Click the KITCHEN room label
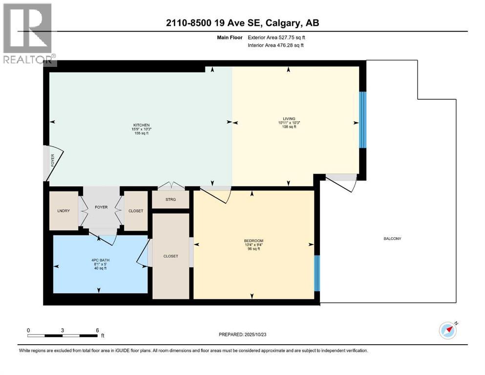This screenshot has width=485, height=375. pyautogui.click(x=141, y=125)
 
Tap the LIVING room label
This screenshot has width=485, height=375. pyautogui.click(x=288, y=119)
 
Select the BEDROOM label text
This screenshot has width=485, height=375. pyautogui.click(x=253, y=241)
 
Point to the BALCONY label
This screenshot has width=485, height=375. pyautogui.click(x=392, y=238)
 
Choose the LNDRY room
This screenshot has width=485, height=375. pyautogui.click(x=63, y=210)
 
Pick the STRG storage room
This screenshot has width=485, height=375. pyautogui.click(x=170, y=199)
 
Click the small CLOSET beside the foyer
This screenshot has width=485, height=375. pyautogui.click(x=135, y=210)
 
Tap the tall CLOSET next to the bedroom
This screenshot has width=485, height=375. pyautogui.click(x=170, y=256)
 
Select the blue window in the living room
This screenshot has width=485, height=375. pyautogui.click(x=362, y=120)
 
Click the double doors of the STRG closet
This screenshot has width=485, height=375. pyautogui.click(x=171, y=186)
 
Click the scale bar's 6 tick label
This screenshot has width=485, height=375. pyautogui.click(x=97, y=330)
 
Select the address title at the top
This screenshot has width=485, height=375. pyautogui.click(x=242, y=23)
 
